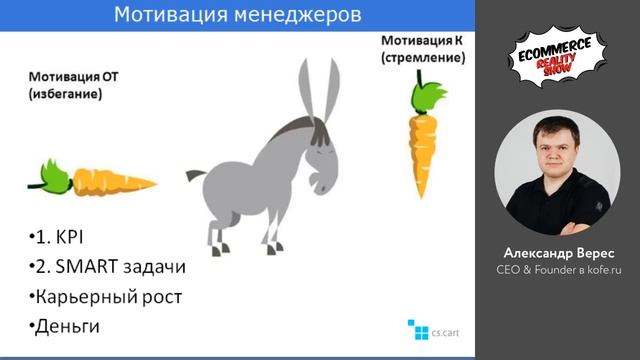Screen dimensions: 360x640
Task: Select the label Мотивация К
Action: tap(421, 41)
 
